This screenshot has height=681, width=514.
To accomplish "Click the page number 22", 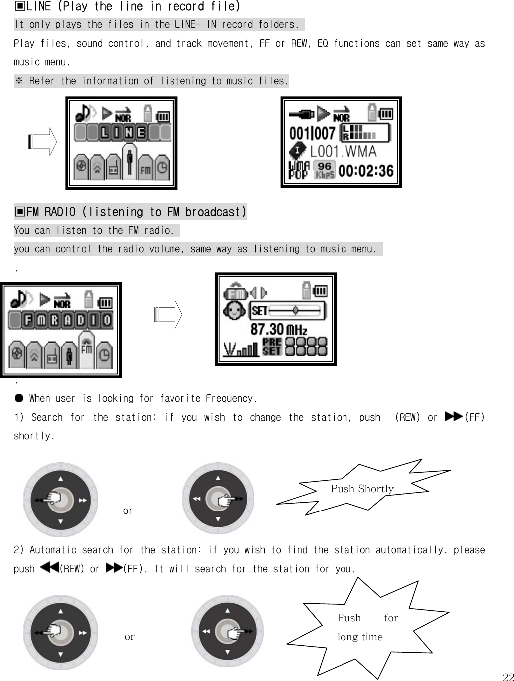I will (508, 676).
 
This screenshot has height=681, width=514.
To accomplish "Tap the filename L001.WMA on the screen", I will (343, 151).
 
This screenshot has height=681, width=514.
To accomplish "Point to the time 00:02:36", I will (366, 171).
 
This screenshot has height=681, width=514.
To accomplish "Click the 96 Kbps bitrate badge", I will (324, 170).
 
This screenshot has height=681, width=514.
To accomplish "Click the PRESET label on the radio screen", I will (272, 346).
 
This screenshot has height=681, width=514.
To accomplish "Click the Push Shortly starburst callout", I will (362, 488).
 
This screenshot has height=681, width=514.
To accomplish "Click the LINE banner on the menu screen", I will (123, 133).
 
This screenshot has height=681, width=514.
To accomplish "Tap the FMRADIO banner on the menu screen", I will (61, 320).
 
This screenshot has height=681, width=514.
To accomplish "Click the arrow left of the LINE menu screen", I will (43, 142).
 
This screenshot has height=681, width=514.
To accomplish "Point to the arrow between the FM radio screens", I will (169, 315).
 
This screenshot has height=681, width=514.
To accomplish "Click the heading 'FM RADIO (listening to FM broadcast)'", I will (130, 212).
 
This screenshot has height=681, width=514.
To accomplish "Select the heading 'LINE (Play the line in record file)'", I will (127, 6).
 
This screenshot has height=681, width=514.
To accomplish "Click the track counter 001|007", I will (312, 133).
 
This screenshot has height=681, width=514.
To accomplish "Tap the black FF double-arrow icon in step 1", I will (453, 417).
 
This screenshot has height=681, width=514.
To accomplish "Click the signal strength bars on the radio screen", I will (241, 349).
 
